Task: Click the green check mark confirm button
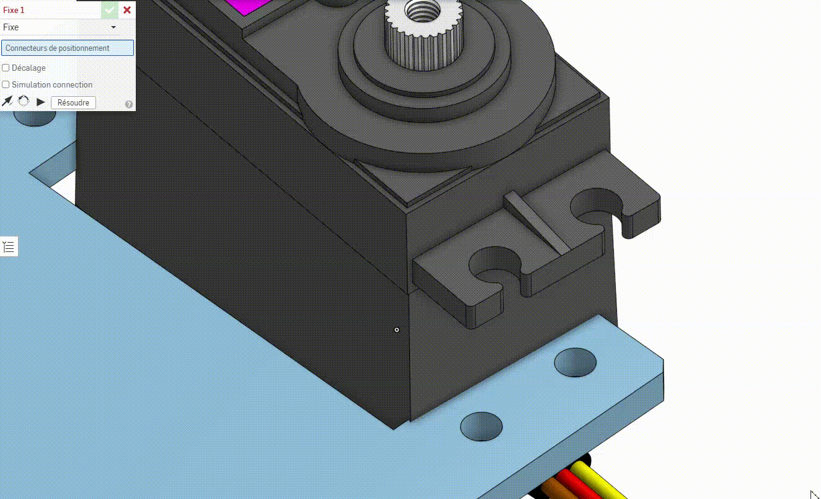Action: (x=110, y=10)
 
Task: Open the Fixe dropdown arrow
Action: (x=113, y=27)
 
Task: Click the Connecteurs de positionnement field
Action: (x=68, y=48)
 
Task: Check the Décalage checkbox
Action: (x=6, y=68)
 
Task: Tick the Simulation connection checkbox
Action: (x=6, y=85)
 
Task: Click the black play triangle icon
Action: (x=41, y=102)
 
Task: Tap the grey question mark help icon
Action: (x=128, y=104)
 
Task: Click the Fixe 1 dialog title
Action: (x=14, y=11)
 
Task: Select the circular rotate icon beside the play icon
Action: (x=24, y=101)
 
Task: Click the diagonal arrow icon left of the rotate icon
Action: (x=7, y=101)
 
